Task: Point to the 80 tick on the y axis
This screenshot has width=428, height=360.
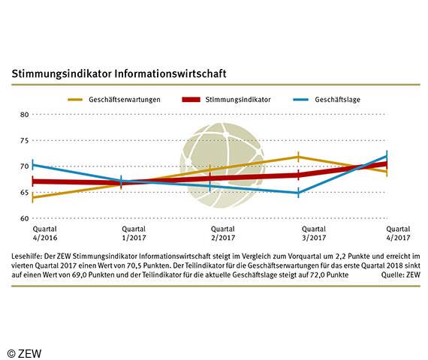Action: tap(24, 115)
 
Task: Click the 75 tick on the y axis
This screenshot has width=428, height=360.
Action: tap(24, 140)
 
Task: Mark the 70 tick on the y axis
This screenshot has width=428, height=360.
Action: tap(24, 166)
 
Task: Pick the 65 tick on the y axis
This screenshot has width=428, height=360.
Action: tap(24, 193)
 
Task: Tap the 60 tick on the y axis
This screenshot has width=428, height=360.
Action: tap(24, 218)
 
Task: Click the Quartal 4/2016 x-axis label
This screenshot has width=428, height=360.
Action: tap(32, 234)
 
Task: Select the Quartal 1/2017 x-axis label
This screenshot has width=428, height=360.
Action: tap(122, 234)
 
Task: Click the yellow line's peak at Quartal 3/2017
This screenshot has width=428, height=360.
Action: tap(299, 157)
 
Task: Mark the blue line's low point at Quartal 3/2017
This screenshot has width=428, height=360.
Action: tap(299, 193)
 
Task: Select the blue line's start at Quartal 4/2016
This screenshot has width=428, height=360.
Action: tap(34, 165)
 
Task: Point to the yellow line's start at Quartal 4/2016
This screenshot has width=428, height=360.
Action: tap(34, 197)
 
